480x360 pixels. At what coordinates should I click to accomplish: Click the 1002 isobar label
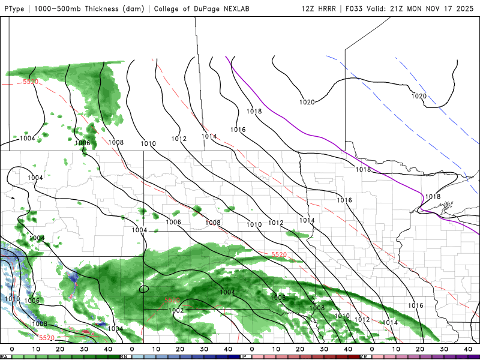[x=176, y=310]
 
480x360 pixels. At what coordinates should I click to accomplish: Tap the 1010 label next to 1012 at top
[x=148, y=143]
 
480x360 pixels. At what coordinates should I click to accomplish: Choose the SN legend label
[x=124, y=356]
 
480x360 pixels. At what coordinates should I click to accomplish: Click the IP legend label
[x=244, y=356]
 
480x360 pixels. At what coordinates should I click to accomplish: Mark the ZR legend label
[x=364, y=356]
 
